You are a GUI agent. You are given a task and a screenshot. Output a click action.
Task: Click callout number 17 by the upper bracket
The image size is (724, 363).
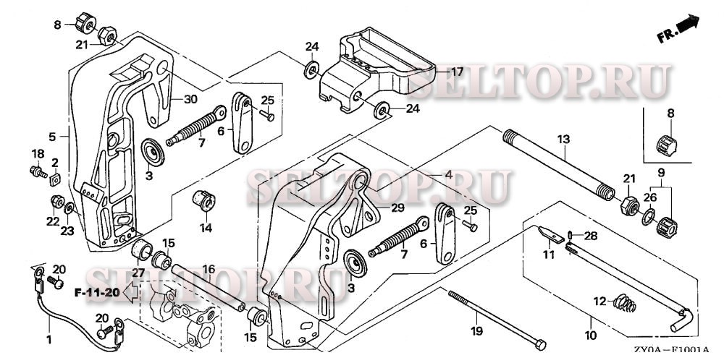pos(457,72)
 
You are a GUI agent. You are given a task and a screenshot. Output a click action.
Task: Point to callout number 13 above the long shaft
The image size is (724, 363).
pos(563,138)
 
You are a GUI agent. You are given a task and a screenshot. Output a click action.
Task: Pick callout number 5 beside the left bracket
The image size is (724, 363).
pos(52,136)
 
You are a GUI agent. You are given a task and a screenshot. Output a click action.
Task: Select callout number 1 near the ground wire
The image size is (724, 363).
pos(49,339)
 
